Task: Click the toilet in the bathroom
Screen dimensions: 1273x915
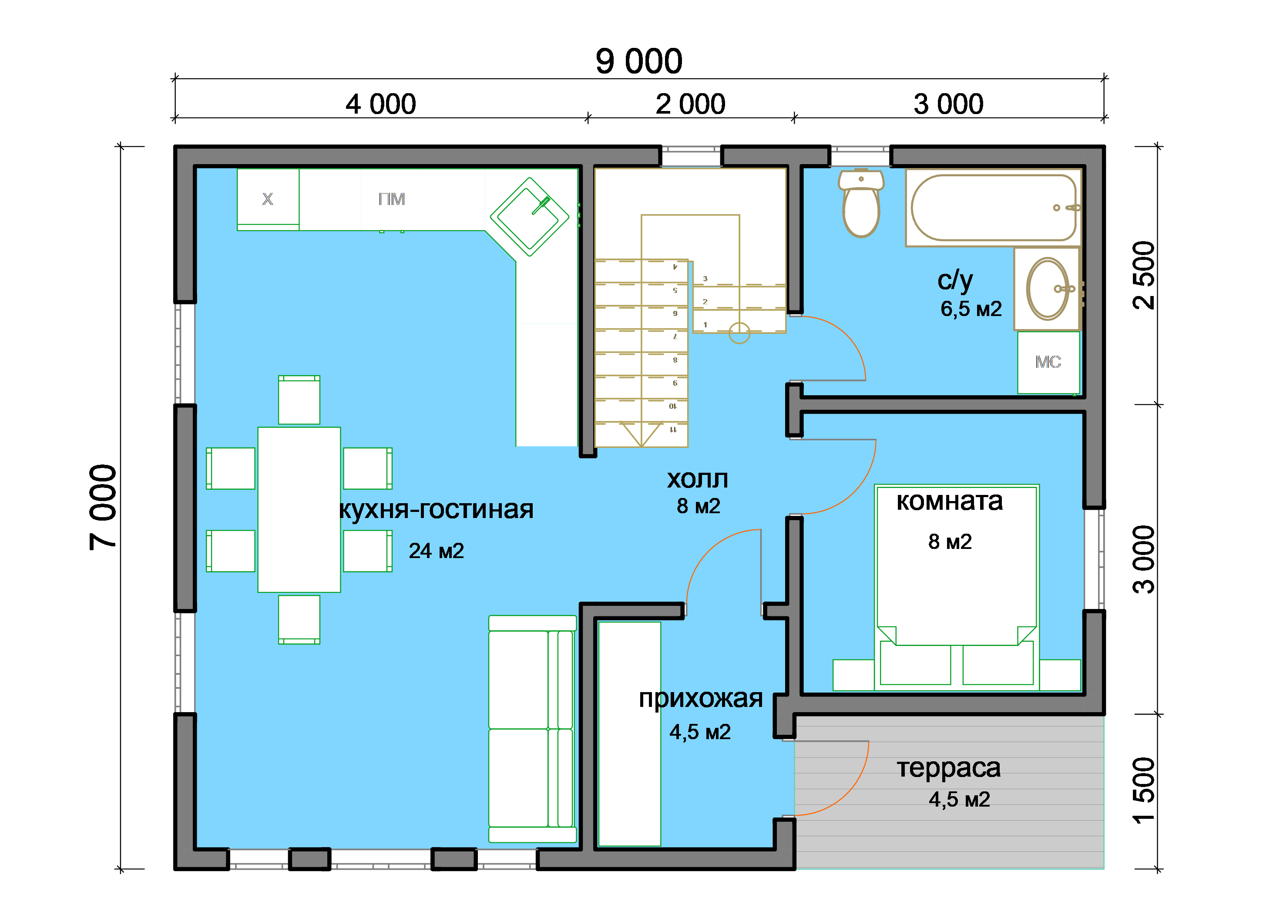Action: (860, 203)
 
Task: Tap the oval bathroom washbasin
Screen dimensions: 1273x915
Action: (1048, 289)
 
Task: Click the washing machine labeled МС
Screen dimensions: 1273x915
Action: (1048, 362)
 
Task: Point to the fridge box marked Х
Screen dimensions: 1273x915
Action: (268, 199)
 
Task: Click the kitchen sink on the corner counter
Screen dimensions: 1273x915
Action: (529, 217)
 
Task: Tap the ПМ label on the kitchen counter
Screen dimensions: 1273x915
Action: (391, 199)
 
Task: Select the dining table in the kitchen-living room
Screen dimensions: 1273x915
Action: (299, 510)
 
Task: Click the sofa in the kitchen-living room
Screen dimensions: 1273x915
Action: (532, 729)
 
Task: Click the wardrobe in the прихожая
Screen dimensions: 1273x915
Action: (629, 733)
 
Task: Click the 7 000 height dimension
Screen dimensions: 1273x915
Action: (103, 507)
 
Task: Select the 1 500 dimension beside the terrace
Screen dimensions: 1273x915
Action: (1143, 791)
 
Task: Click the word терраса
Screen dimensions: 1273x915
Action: (949, 768)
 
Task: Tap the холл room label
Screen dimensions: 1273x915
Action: (698, 479)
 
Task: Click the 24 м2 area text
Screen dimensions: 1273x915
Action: (436, 551)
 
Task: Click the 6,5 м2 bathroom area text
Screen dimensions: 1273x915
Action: (971, 309)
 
